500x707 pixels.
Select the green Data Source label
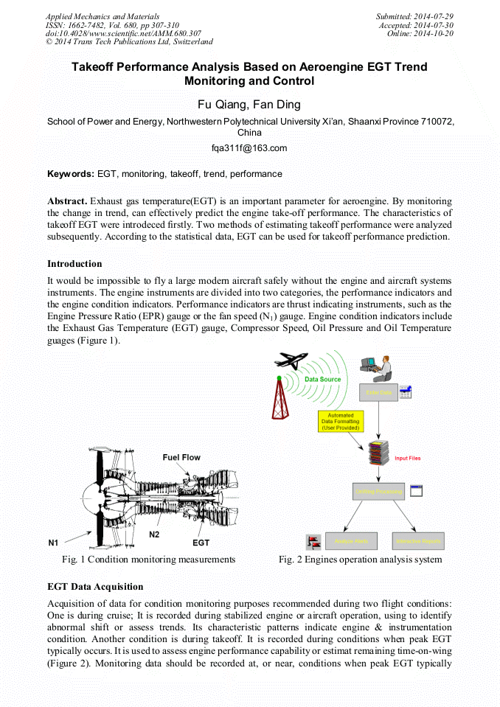click(x=322, y=379)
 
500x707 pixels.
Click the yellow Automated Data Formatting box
click(x=341, y=421)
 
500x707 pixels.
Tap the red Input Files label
click(x=407, y=458)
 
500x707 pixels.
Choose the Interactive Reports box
click(x=417, y=542)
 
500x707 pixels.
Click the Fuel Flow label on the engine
click(x=181, y=457)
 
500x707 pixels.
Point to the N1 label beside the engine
click(x=54, y=543)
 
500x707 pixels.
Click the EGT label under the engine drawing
click(x=201, y=543)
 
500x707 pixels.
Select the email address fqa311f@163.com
click(x=249, y=148)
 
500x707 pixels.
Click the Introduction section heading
click(x=74, y=263)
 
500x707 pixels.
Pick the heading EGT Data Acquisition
click(x=95, y=587)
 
